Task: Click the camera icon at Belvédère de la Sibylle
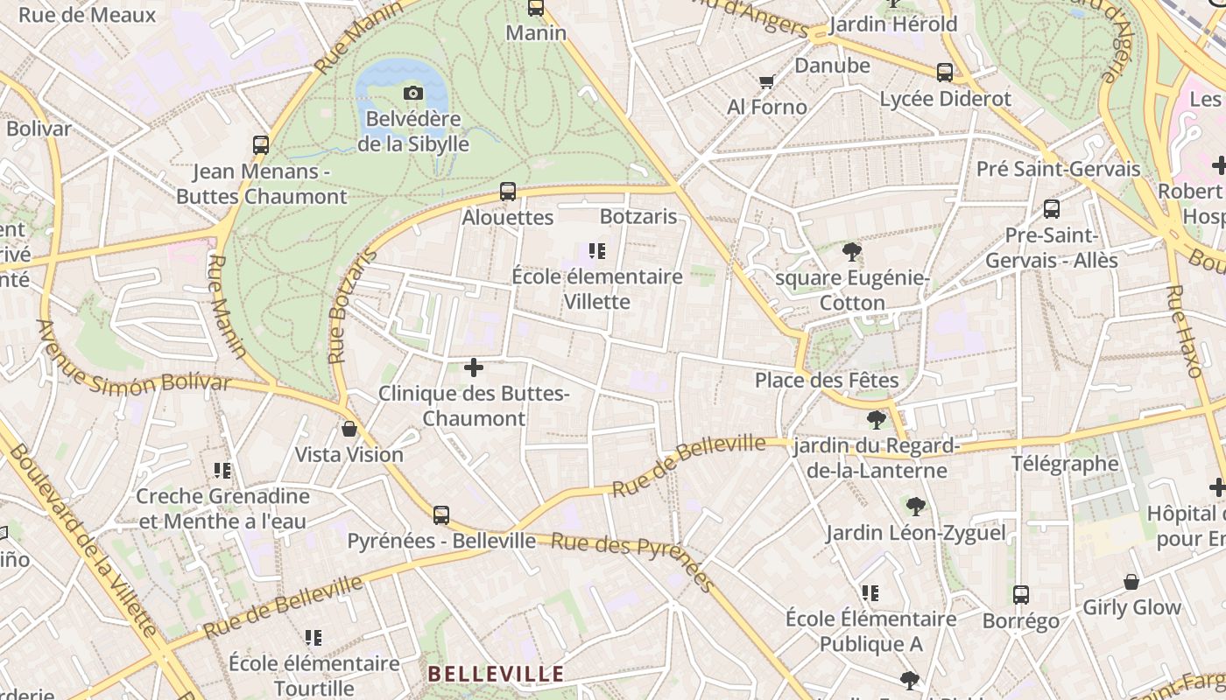coord(413,93)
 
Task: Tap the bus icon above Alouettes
coord(508,192)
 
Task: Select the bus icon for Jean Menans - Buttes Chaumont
coord(261,145)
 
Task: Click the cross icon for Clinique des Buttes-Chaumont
coord(474,367)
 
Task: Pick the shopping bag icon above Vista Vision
coord(349,429)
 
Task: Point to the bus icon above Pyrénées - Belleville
coord(441,514)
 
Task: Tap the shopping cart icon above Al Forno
coord(767,81)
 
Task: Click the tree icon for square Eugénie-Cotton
coord(851,253)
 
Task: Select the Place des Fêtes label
coord(827,381)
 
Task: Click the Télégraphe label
coord(1065,464)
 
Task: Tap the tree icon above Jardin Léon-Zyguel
coord(916,506)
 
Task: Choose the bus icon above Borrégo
coord(1021,595)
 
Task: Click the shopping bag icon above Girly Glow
coord(1131,582)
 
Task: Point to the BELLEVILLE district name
coord(496,674)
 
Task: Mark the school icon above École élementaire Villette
coord(597,252)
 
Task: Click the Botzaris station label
coord(638,216)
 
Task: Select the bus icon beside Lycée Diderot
coord(945,73)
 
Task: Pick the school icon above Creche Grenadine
coord(222,471)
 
